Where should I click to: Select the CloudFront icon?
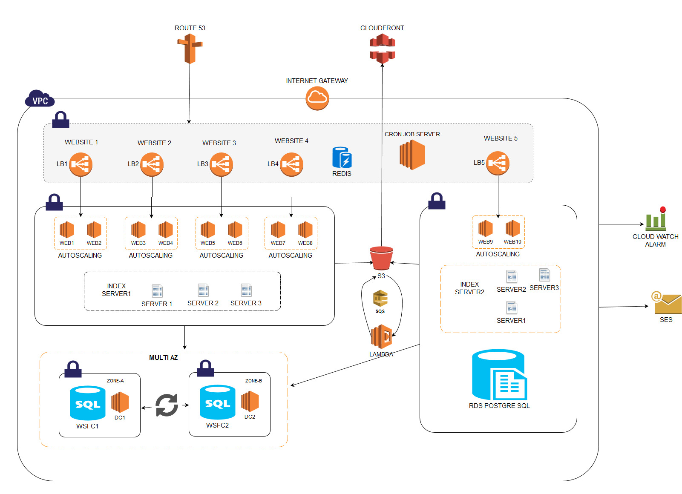[382, 49]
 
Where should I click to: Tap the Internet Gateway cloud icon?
[317, 98]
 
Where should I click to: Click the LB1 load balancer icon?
[81, 164]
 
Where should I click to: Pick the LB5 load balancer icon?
[498, 163]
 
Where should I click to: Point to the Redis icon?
[342, 158]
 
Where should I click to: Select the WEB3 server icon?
[138, 230]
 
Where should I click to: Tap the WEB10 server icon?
[512, 229]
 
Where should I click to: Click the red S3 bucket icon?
[381, 258]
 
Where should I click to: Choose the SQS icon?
[380, 299]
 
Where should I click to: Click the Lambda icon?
[382, 337]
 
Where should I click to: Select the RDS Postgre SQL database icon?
[499, 375]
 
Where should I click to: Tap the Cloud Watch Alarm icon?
[656, 219]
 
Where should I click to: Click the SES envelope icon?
[667, 303]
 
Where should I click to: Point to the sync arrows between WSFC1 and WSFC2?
[166, 405]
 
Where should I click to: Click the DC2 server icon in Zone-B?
[250, 402]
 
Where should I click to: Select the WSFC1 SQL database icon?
[87, 403]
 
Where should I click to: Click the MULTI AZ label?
[163, 358]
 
